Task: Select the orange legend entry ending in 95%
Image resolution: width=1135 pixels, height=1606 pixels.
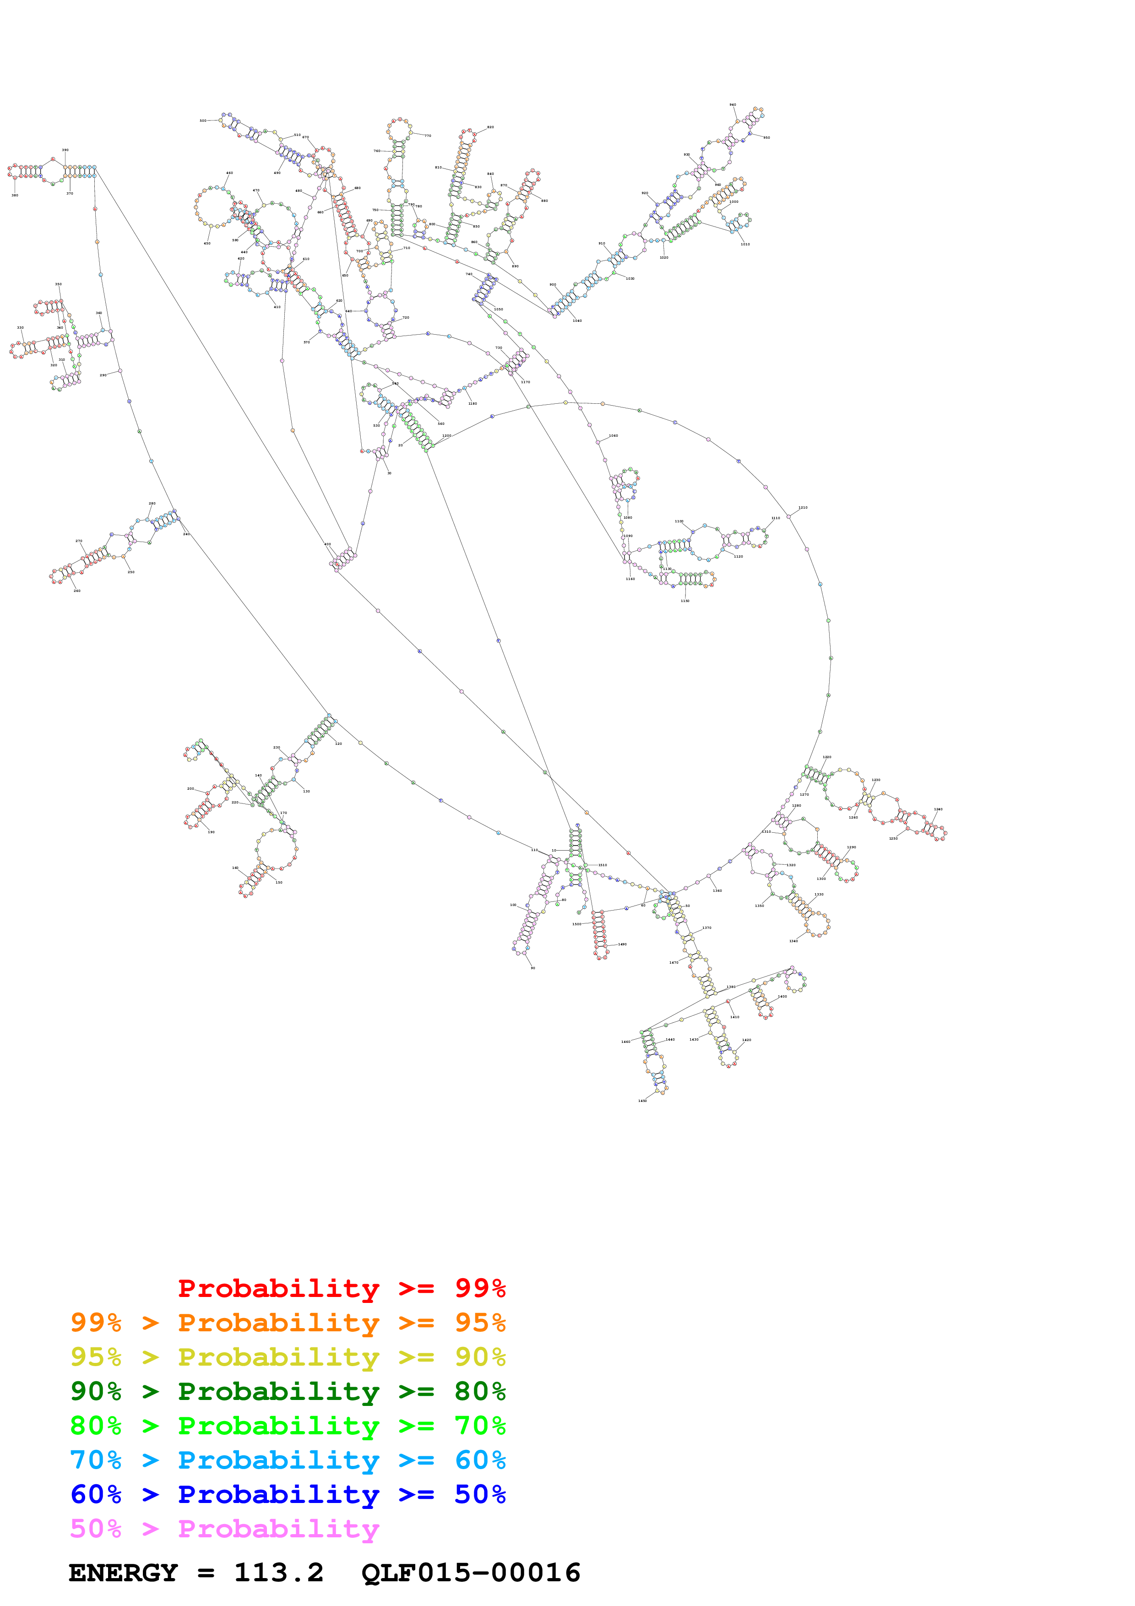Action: click(x=288, y=1323)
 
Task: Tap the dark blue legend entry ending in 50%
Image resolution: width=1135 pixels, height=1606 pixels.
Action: click(x=288, y=1494)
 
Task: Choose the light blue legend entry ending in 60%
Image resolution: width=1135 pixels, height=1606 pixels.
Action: click(x=288, y=1460)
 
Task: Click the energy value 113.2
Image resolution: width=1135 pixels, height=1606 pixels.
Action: click(x=278, y=1573)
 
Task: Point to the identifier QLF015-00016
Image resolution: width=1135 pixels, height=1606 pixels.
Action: click(x=471, y=1573)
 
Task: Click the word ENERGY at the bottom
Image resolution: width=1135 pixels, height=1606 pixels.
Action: click(x=123, y=1573)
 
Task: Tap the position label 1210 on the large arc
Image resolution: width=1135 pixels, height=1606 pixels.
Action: click(x=803, y=507)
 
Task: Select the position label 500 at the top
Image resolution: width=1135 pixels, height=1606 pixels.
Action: click(x=203, y=120)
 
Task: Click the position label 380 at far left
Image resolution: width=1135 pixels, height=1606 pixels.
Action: click(x=15, y=195)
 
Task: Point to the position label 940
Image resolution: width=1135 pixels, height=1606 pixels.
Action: click(x=733, y=104)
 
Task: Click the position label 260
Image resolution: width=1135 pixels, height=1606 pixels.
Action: click(x=77, y=591)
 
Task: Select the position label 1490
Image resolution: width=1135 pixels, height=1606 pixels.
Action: click(x=622, y=944)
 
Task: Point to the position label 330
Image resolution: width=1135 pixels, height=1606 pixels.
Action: click(x=20, y=327)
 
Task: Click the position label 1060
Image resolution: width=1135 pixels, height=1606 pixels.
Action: click(x=614, y=436)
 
